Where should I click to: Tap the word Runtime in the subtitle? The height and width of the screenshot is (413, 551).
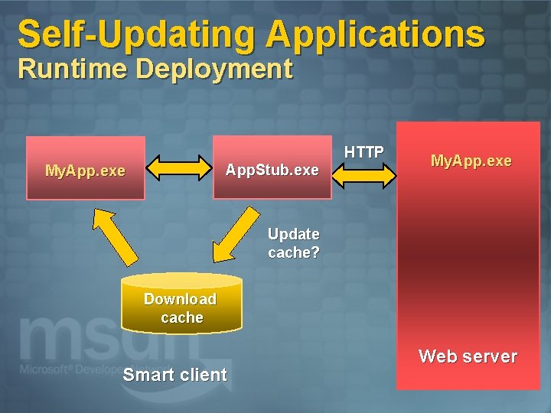point(73,69)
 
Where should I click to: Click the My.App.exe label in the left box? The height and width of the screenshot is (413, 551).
point(85,171)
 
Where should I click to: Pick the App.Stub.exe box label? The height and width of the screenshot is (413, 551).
point(272,170)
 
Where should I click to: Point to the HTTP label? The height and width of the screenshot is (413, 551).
point(364,152)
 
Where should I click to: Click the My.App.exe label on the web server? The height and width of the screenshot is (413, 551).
point(471,161)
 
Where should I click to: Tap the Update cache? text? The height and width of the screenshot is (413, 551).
point(293,242)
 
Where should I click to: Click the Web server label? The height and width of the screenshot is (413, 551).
point(468,356)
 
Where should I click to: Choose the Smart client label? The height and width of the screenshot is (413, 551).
point(174,375)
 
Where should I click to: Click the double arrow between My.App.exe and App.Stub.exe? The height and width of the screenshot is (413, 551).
point(178,167)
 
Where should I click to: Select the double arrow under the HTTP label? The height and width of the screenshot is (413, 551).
point(364,174)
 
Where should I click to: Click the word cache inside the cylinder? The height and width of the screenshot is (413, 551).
point(182,317)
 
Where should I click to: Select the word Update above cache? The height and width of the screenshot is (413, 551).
point(293,234)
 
